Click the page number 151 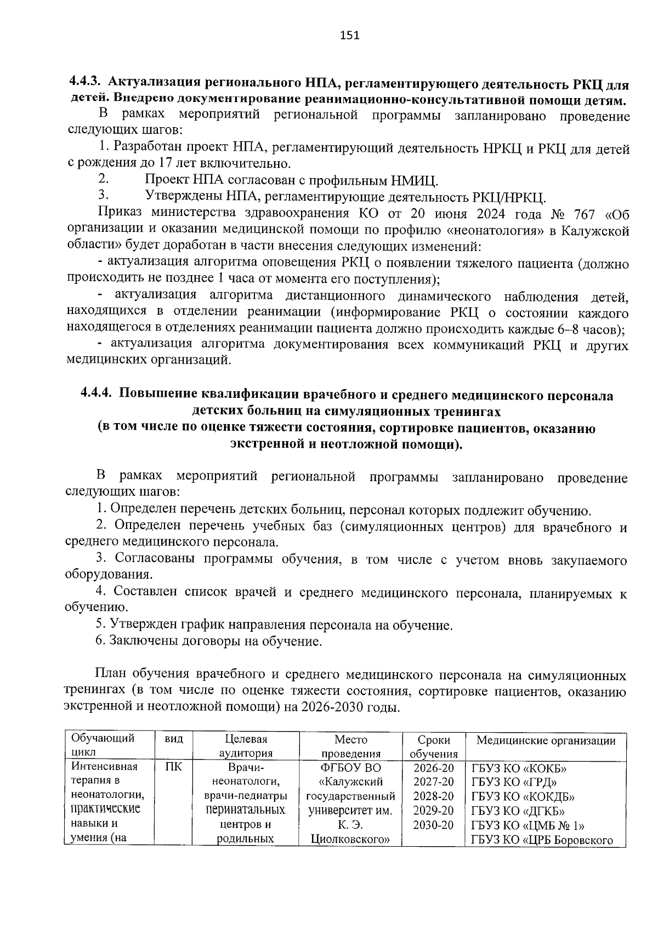coord(349,36)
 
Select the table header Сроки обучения coord(433,746)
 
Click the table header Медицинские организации coord(546,741)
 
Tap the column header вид coord(174,739)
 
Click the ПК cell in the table coord(174,767)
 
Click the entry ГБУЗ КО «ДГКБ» coord(518,811)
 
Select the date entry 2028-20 coord(433,796)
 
